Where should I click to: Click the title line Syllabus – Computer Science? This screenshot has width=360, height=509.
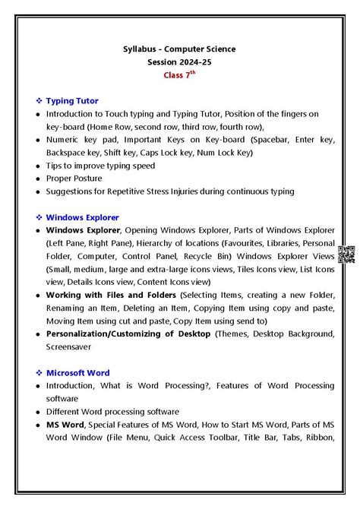click(x=179, y=49)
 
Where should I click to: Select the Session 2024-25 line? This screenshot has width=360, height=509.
click(x=179, y=62)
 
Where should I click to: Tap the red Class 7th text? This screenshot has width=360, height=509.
click(x=179, y=74)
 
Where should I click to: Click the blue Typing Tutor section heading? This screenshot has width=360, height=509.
click(x=72, y=100)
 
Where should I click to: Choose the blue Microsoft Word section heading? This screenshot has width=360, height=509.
click(x=77, y=372)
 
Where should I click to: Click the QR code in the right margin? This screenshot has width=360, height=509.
click(x=346, y=255)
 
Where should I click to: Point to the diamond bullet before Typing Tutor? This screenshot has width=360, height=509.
click(x=39, y=100)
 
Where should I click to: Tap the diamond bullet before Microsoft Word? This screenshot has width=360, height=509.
click(x=39, y=372)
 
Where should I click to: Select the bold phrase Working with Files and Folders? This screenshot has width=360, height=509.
click(x=111, y=294)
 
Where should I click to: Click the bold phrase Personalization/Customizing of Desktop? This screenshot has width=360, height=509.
click(x=128, y=333)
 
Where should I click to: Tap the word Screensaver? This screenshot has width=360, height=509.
click(x=69, y=346)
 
